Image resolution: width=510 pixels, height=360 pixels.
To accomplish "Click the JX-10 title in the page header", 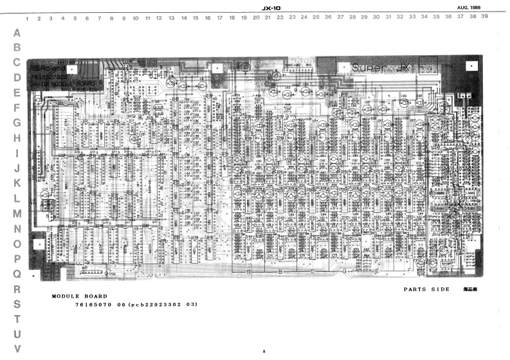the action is click(272, 7).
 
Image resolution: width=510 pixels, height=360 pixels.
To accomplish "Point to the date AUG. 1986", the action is click(469, 6).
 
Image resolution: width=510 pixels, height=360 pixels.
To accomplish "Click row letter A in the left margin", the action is click(17, 32).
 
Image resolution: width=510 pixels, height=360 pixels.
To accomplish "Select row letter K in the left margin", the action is click(17, 183).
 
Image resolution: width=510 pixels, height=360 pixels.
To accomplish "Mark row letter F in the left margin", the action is click(17, 107).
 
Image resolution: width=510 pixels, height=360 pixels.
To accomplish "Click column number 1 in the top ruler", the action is click(26, 19).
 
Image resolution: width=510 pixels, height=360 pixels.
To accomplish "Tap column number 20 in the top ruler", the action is click(256, 18).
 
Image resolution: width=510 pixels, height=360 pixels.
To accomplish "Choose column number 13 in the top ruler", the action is click(172, 19).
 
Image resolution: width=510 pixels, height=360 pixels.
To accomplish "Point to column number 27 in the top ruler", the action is click(340, 18).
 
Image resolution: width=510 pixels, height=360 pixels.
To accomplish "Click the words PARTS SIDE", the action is click(426, 289).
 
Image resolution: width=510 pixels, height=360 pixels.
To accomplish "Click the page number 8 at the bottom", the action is click(263, 351).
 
